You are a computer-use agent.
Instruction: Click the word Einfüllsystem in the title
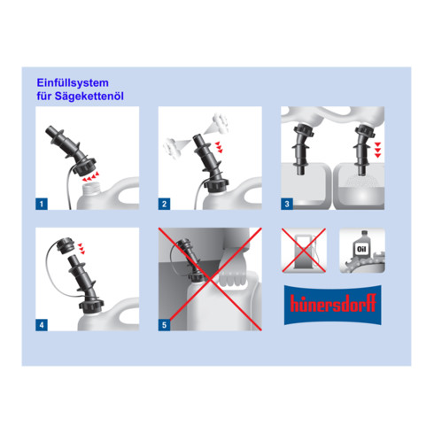pos(73,83)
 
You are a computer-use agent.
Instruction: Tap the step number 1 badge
pos(42,204)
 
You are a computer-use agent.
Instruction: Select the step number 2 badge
pos(164,204)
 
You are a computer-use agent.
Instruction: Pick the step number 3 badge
pos(287,204)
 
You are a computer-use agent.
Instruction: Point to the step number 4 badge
pos(42,325)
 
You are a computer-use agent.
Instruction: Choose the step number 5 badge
pos(164,325)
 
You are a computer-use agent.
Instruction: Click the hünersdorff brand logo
pos(333,305)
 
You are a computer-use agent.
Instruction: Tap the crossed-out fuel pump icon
pos(304,251)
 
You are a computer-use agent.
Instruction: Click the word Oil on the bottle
pos(361,249)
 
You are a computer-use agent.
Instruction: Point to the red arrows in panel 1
pos(90,176)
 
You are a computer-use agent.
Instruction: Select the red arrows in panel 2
pos(219,147)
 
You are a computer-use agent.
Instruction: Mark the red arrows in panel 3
pos(377,150)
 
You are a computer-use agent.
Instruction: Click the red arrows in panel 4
pos(81,248)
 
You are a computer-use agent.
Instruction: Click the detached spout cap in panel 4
pos(65,245)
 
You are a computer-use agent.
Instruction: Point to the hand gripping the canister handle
pos(232,268)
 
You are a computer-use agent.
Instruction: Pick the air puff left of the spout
pos(172,147)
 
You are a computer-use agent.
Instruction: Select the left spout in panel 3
pos(303,149)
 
